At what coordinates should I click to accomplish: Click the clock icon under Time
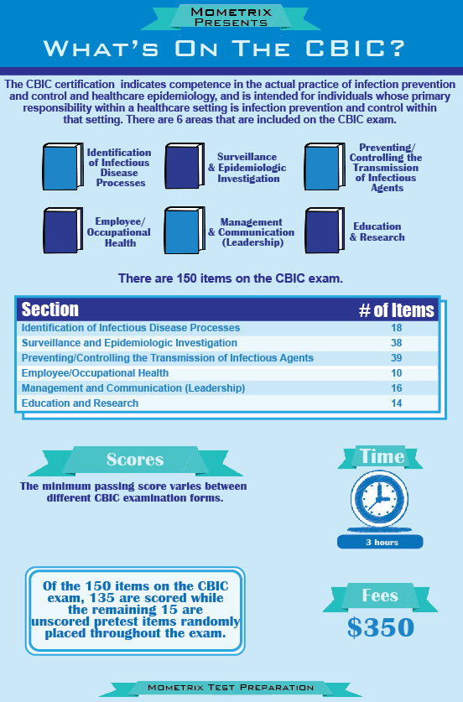click(x=380, y=500)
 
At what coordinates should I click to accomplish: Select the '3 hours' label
click(x=381, y=542)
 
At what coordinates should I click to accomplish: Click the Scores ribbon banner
click(x=134, y=460)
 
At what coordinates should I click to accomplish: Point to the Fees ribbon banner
click(x=380, y=595)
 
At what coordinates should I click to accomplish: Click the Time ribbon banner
click(x=382, y=456)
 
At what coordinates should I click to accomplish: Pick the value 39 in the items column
click(x=396, y=358)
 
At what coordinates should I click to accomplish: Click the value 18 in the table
click(x=396, y=328)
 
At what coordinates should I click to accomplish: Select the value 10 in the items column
click(x=396, y=373)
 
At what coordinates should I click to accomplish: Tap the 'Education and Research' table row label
click(x=80, y=403)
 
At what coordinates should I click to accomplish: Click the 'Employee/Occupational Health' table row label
click(x=95, y=373)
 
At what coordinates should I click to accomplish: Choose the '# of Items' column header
click(x=396, y=309)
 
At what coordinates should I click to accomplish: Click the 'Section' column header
click(x=50, y=309)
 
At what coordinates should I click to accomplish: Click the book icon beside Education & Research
click(x=323, y=231)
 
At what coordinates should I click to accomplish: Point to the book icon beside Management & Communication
click(x=184, y=231)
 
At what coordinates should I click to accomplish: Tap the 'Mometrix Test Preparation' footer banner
click(x=230, y=688)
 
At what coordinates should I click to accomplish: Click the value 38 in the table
click(x=396, y=343)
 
